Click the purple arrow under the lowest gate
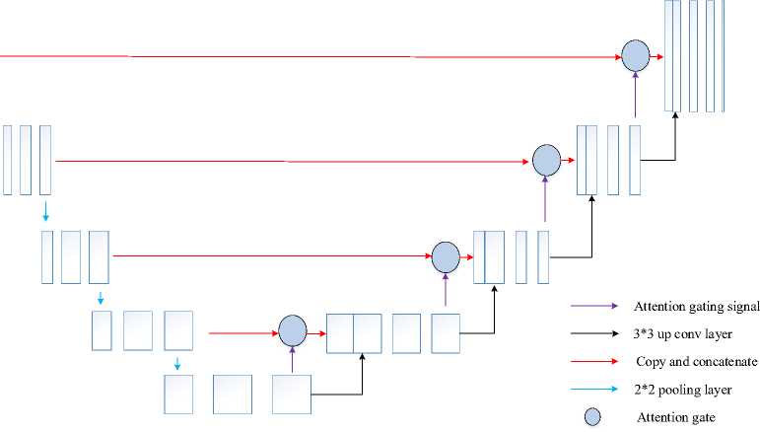293,361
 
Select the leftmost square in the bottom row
178,395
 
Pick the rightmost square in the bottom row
292,395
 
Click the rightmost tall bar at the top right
739,55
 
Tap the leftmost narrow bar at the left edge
8,160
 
